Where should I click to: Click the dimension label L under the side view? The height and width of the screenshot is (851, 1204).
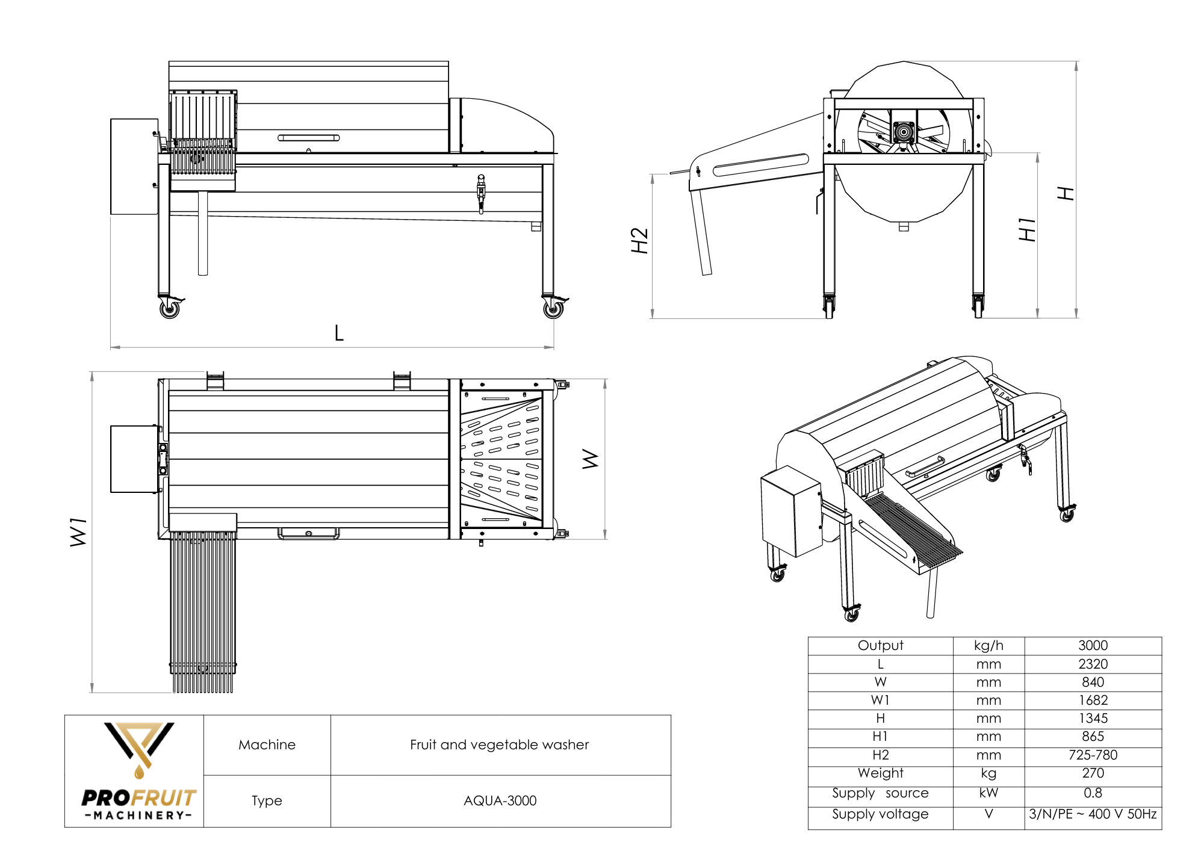[x=339, y=333]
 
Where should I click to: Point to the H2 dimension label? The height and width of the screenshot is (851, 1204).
[x=639, y=241]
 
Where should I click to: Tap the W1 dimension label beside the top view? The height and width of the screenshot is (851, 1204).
[x=79, y=532]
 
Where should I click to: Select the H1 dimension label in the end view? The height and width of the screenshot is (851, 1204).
[x=1027, y=230]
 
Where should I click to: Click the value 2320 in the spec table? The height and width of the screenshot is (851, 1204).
[x=1093, y=664]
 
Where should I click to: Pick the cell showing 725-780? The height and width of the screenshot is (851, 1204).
[x=1093, y=755]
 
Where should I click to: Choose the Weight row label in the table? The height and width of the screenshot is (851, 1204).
[x=880, y=773]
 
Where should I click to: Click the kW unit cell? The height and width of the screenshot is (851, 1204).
[x=988, y=793]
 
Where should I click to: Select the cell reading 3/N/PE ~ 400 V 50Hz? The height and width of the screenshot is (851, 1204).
[x=1093, y=814]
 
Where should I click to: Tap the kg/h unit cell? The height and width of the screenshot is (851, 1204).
[x=988, y=645]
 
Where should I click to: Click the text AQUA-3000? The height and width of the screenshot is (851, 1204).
[x=500, y=800]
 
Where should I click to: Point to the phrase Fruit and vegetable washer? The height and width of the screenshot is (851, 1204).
[x=499, y=744]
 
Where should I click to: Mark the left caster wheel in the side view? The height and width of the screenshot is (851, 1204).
[x=170, y=309]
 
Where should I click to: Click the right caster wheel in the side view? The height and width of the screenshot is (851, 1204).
[x=553, y=309]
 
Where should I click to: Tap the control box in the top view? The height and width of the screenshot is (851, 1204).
[x=134, y=459]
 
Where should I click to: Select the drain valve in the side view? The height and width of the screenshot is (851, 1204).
[x=481, y=193]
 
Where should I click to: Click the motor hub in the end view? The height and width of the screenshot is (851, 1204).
[x=904, y=131]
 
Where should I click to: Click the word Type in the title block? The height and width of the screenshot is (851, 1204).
[x=267, y=800]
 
